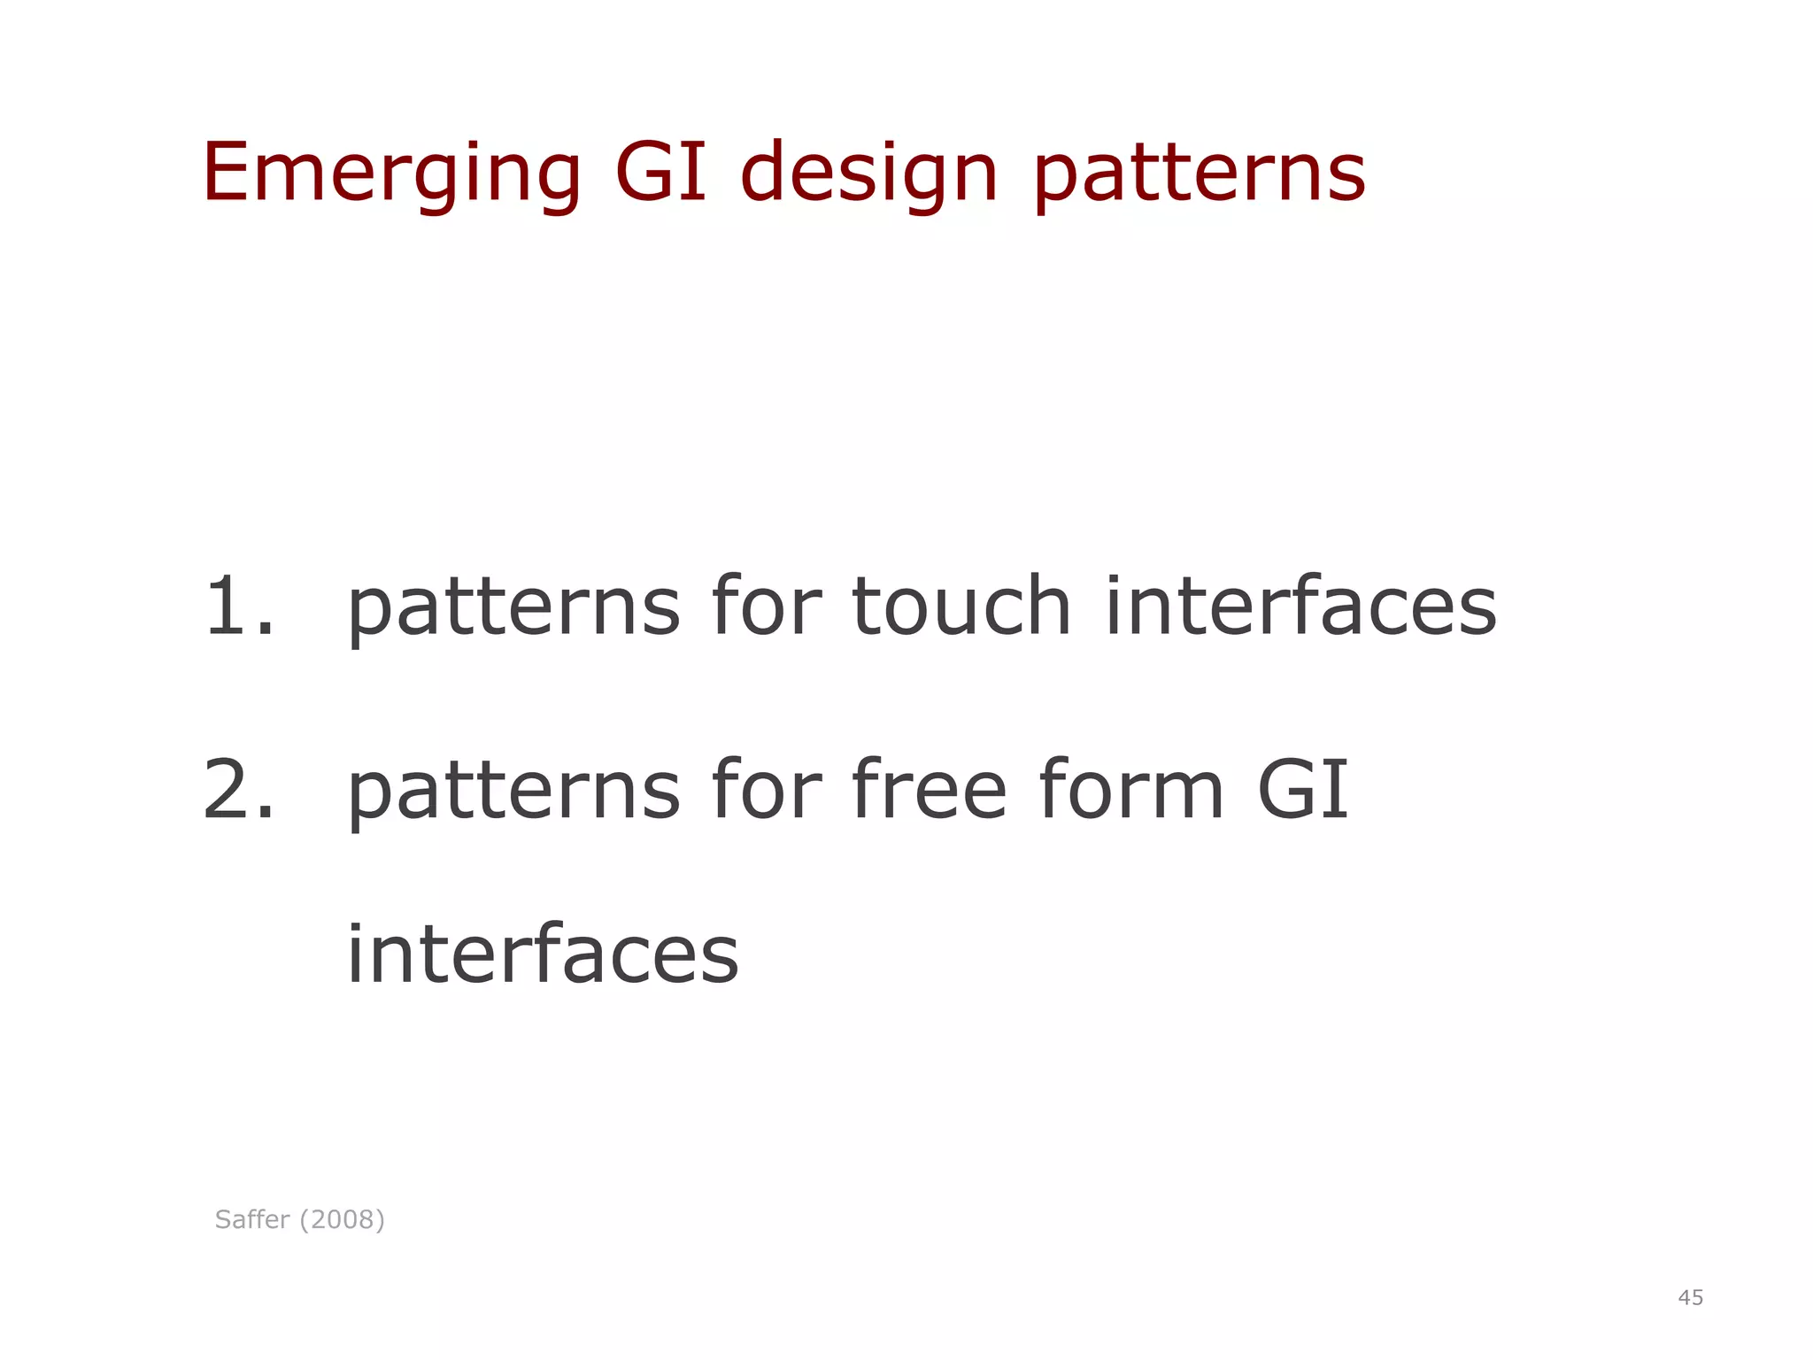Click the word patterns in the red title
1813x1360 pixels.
pos(1200,174)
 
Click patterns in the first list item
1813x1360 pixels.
pos(513,609)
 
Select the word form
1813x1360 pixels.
pos(1131,790)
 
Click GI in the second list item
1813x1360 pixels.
pos(1302,790)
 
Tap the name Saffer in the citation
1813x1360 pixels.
pos(252,1220)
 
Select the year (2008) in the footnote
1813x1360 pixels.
pos(342,1220)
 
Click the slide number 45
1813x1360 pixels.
pos(1690,1298)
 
